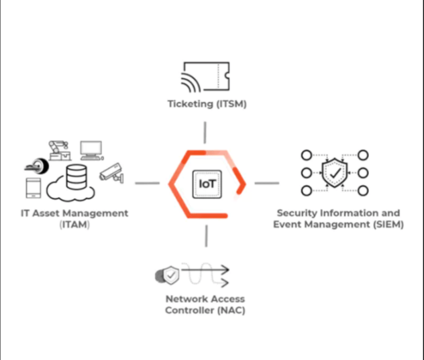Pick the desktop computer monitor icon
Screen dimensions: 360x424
[91, 149]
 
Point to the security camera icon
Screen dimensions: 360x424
[111, 173]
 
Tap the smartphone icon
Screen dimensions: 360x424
[34, 189]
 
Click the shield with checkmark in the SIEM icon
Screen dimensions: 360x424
[334, 173]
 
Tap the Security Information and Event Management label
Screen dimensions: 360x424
[338, 219]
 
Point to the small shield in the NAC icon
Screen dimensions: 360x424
[172, 274]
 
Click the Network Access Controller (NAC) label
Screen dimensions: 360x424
[204, 305]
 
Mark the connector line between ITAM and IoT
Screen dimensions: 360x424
[148, 183]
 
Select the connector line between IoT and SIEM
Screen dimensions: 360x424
[267, 183]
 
